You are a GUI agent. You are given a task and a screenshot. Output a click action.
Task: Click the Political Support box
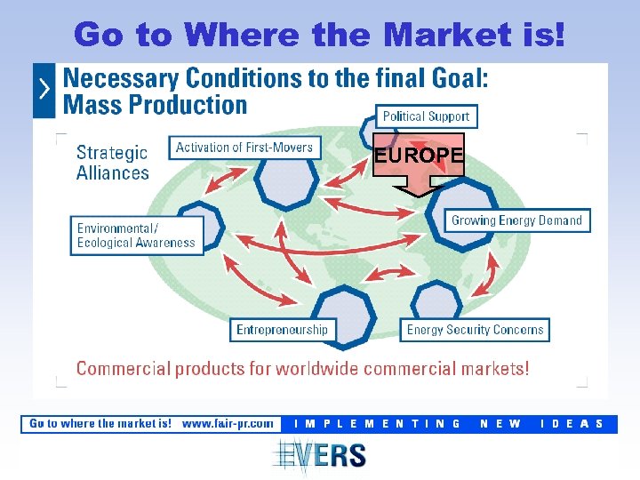tap(426, 116)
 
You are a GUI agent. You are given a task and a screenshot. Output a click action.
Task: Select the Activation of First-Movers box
tap(244, 148)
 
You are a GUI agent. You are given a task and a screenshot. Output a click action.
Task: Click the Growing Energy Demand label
tap(516, 220)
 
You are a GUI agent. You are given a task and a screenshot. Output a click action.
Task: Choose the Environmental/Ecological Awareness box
tap(136, 235)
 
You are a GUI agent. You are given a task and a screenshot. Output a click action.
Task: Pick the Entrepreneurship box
tap(282, 330)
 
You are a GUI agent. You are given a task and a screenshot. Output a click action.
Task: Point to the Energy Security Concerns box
tap(475, 330)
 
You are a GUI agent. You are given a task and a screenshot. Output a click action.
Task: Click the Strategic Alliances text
tap(113, 163)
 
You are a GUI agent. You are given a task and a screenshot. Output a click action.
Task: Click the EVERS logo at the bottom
tap(320, 455)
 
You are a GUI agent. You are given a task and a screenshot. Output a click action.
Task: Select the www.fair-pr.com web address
tap(228, 424)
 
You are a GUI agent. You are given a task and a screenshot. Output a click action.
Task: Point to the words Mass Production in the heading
tap(156, 105)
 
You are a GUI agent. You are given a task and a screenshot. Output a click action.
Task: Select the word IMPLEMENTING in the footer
tap(378, 424)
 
